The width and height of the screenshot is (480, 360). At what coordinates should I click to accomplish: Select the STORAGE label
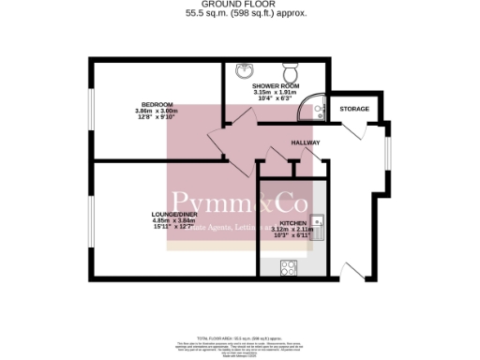(354, 109)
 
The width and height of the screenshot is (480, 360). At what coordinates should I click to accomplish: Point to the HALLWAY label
(306, 142)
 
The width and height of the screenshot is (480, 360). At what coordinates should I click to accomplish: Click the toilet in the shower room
(291, 71)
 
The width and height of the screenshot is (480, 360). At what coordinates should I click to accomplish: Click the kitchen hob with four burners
(288, 267)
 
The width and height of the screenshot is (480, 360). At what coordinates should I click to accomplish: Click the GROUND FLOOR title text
(240, 6)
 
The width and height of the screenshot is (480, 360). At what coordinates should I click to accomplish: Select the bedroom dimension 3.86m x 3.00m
(155, 112)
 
